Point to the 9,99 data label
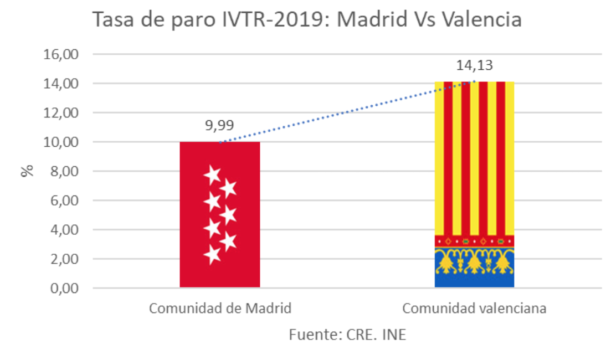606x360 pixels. pyautogui.click(x=219, y=126)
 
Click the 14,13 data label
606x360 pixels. pyautogui.click(x=474, y=66)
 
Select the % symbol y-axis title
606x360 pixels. pyautogui.click(x=27, y=171)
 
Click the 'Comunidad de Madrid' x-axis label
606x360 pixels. pyautogui.click(x=219, y=308)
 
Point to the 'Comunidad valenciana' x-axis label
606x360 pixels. pyautogui.click(x=474, y=308)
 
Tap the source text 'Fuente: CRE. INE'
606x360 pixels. pyautogui.click(x=347, y=335)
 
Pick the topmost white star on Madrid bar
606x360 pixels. pyautogui.click(x=212, y=175)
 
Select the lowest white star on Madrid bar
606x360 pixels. pyautogui.click(x=212, y=255)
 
